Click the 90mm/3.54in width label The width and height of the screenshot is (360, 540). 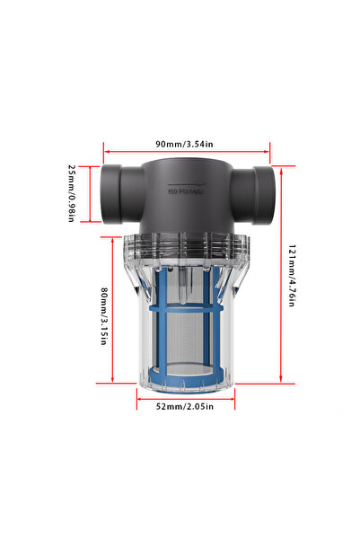pos(185,144)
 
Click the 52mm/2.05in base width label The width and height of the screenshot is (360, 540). pos(185,407)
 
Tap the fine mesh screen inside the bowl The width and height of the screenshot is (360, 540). pos(185,341)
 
